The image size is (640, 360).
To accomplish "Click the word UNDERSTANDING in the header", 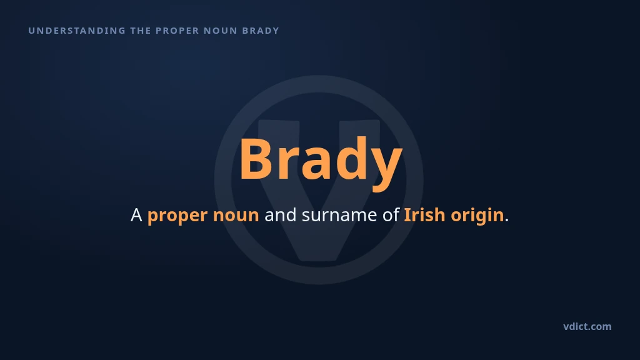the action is click(77, 31).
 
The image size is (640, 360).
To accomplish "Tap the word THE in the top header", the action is click(141, 31).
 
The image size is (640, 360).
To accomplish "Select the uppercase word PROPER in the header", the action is click(177, 31).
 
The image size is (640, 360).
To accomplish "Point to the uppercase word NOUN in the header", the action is click(221, 31).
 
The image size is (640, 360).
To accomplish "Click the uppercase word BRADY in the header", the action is click(261, 31).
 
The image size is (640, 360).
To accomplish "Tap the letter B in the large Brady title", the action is click(256, 159).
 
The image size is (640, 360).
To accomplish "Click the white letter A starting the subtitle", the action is click(136, 215).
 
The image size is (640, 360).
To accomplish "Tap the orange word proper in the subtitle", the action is click(177, 216).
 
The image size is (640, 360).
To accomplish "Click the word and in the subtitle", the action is click(281, 215).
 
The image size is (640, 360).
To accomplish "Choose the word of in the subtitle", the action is click(391, 215).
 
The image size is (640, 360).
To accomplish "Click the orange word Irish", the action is click(424, 215).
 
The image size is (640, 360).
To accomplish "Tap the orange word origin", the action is click(477, 216).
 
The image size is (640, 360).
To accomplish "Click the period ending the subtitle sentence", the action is click(507, 221).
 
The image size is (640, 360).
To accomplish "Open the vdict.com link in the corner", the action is click(587, 326).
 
